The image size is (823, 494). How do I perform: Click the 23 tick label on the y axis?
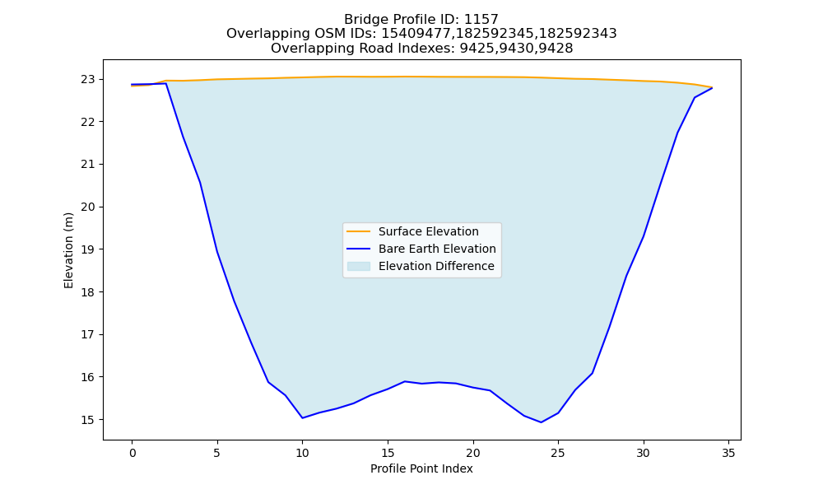pos(88,79)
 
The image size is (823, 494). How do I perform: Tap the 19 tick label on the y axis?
pos(88,249)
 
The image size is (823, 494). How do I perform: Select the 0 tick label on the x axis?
pos(133,453)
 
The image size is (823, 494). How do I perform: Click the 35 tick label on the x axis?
pos(728,453)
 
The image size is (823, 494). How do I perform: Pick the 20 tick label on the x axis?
pos(473,453)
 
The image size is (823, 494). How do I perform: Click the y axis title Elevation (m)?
pos(68,250)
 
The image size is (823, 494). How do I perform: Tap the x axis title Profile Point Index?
pos(421,468)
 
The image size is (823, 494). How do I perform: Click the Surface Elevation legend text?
pos(428,231)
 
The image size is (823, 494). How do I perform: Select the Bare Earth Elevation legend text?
pos(437,249)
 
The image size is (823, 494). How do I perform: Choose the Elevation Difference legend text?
pos(436,266)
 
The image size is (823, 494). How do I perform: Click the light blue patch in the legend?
pos(359,266)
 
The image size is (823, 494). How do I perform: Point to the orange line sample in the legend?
pos(359,231)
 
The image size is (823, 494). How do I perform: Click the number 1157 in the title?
pos(481,20)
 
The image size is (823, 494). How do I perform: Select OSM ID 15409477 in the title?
pos(415,34)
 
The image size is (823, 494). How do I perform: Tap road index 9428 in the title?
pos(556,49)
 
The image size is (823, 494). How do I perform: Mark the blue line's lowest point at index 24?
pos(542,422)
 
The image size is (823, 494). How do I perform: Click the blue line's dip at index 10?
pos(302,418)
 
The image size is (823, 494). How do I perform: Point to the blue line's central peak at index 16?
pos(405,382)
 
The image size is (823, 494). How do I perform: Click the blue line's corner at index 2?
pos(166,83)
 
